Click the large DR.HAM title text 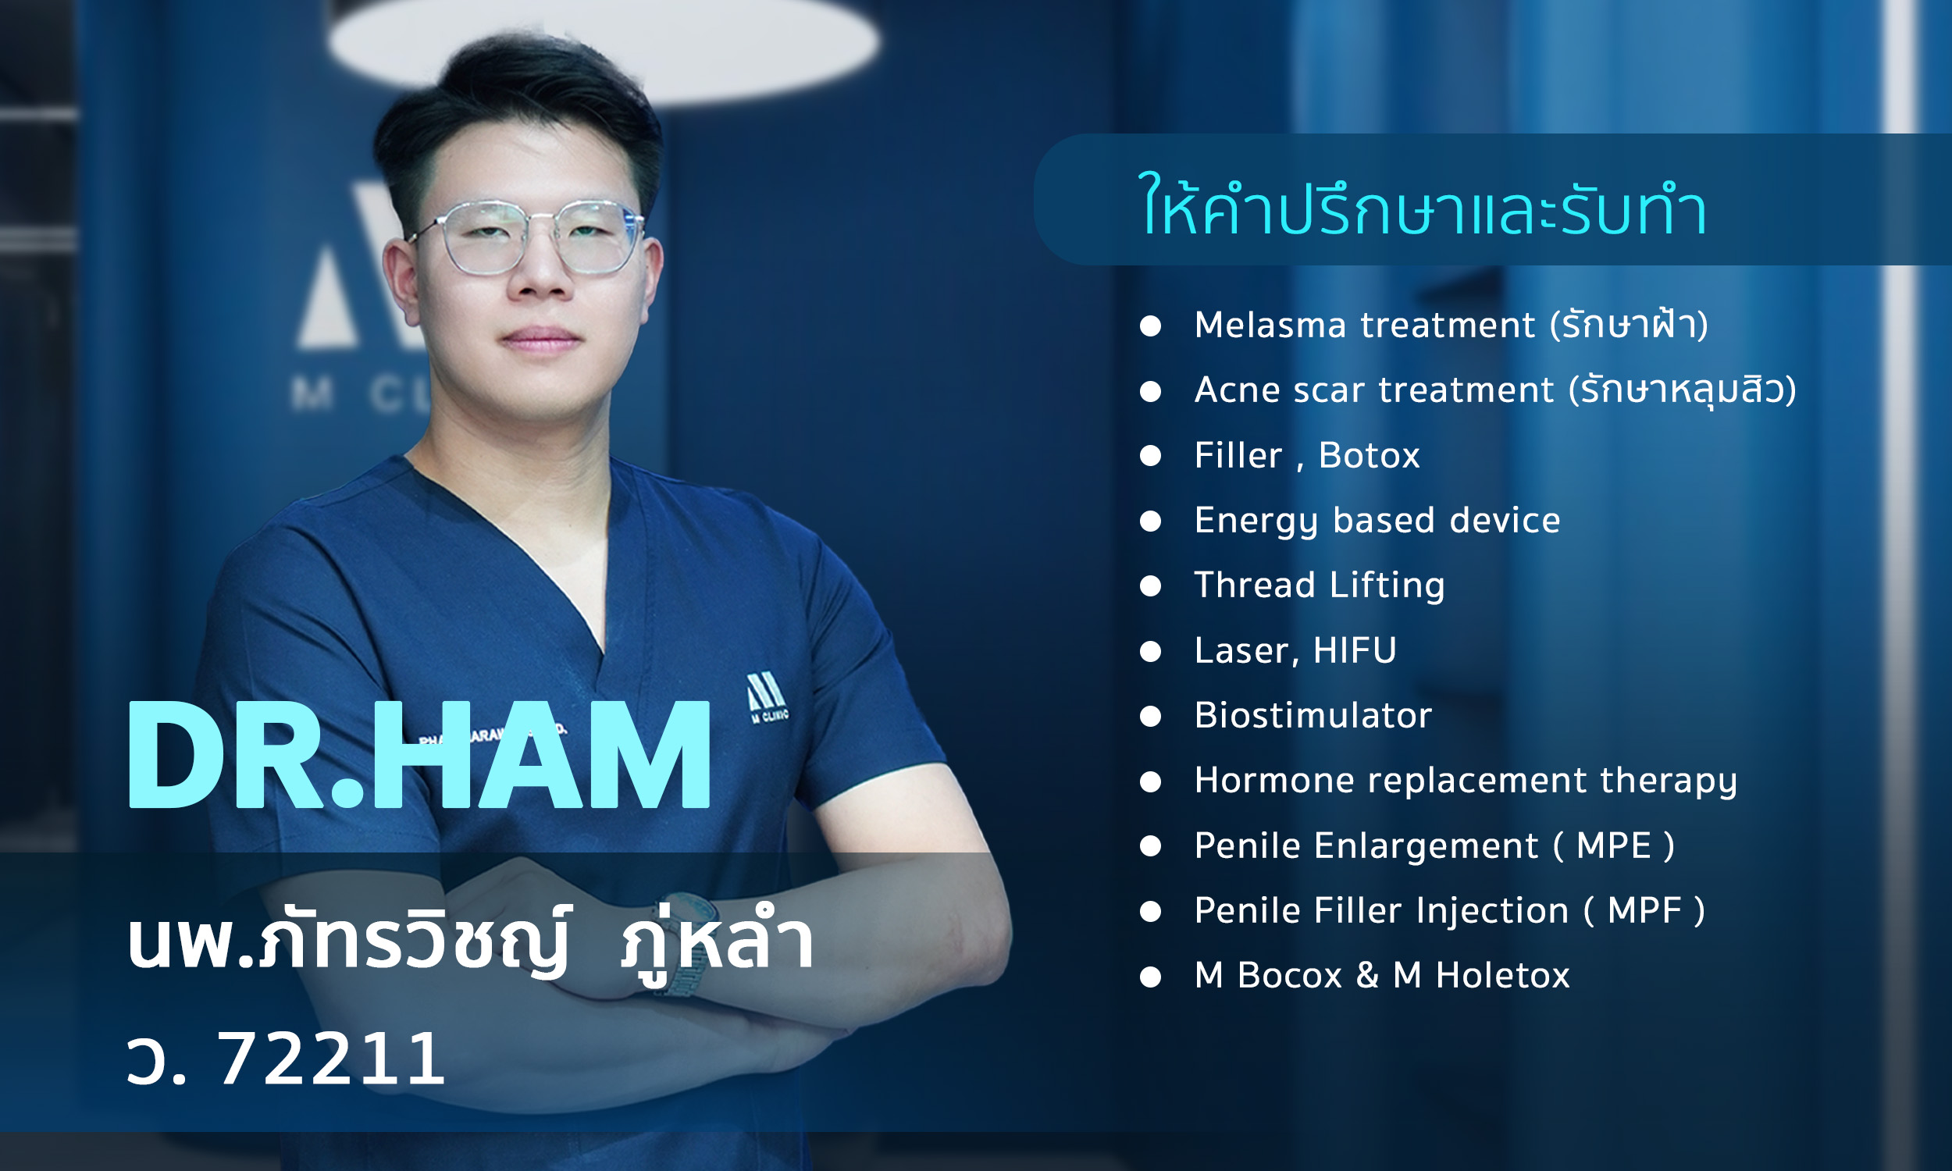click(419, 755)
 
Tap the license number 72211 click(330, 1059)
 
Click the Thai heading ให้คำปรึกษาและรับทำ click(1423, 206)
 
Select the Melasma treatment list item click(1451, 325)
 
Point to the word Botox click(1369, 455)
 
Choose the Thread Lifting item click(1320, 586)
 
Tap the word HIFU click(1354, 650)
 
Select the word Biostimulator click(1313, 715)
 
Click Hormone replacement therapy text click(1466, 781)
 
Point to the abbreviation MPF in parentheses click(1645, 910)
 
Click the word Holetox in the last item click(1502, 975)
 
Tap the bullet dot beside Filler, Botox click(1150, 455)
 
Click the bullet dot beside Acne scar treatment click(1150, 390)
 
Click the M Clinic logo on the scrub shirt click(767, 698)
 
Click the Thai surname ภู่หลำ click(718, 941)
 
